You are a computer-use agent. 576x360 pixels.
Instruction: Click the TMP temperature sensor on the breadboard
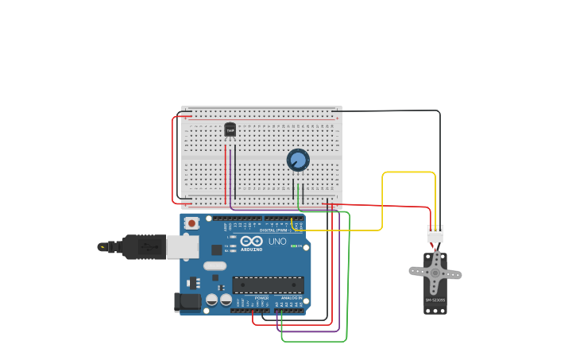230,130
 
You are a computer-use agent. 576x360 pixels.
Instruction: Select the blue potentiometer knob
298,161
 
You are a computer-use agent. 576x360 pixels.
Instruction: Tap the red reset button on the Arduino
191,223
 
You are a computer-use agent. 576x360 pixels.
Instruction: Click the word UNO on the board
277,242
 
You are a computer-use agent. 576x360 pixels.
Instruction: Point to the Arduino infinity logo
251,241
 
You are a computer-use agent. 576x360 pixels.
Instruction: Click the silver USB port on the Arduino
183,246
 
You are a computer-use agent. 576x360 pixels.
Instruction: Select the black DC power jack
187,302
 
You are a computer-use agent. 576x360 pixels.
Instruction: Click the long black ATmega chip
268,285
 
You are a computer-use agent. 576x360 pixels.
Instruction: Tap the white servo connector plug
435,235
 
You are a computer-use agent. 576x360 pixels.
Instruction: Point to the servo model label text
435,300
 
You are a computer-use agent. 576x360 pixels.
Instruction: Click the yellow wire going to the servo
382,199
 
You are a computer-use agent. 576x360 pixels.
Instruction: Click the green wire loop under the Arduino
315,342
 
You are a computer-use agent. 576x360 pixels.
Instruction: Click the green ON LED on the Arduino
295,246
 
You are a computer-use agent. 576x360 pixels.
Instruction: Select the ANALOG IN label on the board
291,298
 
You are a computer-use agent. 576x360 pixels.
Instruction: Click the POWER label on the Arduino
261,298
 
